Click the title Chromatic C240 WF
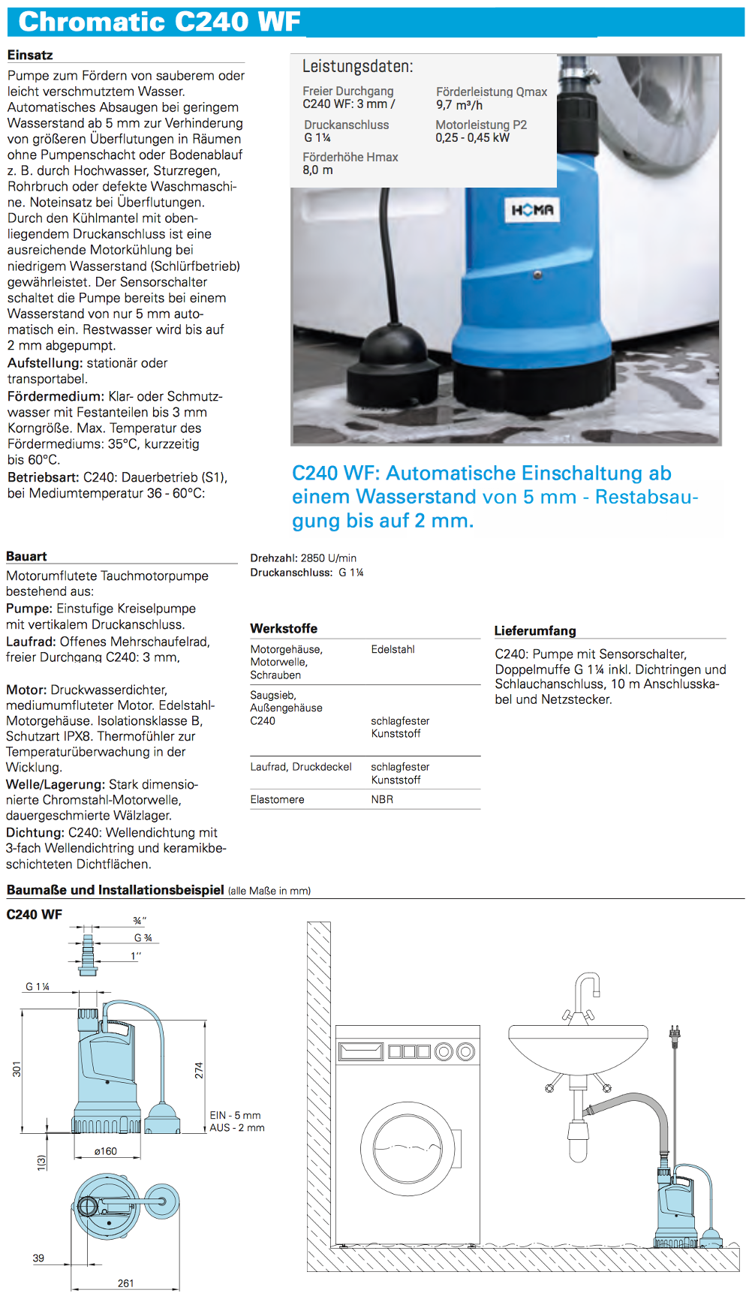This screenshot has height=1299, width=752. pyautogui.click(x=159, y=22)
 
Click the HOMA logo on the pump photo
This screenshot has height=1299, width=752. pyautogui.click(x=532, y=210)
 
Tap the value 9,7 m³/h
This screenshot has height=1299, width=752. pyautogui.click(x=459, y=105)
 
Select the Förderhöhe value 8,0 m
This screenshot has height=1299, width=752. pyautogui.click(x=317, y=170)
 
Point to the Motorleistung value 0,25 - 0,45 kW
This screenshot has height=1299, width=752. pyautogui.click(x=472, y=137)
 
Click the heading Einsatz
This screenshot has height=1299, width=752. pyautogui.click(x=30, y=55)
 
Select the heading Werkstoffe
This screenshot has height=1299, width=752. pyautogui.click(x=284, y=628)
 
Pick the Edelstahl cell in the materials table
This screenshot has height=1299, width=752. pyautogui.click(x=393, y=649)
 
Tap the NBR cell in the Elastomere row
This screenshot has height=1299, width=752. pyautogui.click(x=382, y=799)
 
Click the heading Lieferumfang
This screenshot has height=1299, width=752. pyautogui.click(x=534, y=630)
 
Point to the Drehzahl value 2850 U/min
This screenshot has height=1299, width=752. pyautogui.click(x=328, y=558)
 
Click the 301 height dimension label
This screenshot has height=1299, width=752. pyautogui.click(x=17, y=1069)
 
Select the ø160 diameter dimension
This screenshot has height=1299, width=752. pyautogui.click(x=105, y=1151)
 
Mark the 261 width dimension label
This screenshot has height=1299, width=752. pyautogui.click(x=125, y=1283)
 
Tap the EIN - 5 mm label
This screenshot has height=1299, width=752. pyautogui.click(x=235, y=1115)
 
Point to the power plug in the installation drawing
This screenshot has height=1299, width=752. pyautogui.click(x=674, y=1034)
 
